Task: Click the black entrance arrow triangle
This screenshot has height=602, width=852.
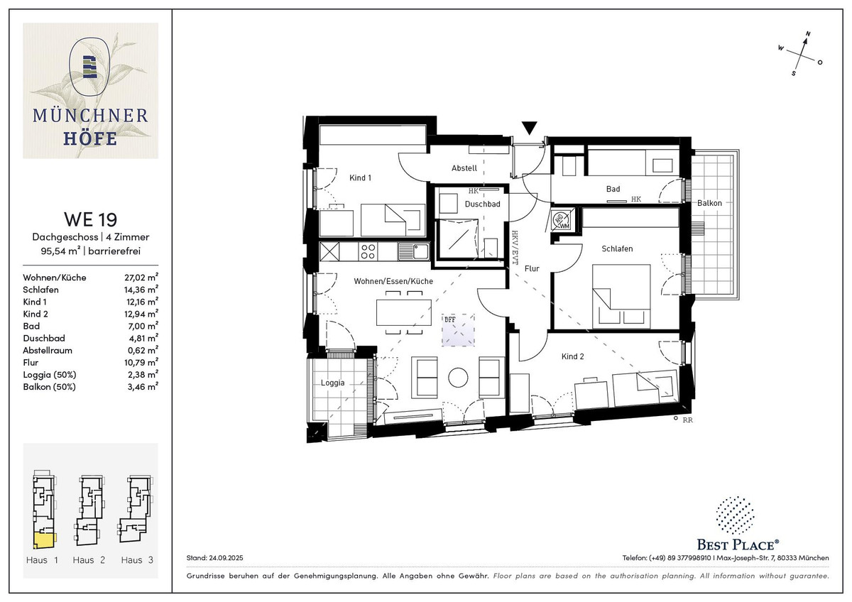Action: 529,128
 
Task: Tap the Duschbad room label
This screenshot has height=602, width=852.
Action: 482,204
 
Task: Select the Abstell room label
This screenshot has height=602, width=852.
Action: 464,168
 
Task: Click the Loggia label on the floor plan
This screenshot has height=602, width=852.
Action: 332,383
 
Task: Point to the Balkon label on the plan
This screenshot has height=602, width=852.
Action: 709,203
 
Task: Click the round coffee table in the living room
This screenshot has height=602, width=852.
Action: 458,377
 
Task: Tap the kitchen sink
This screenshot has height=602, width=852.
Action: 414,251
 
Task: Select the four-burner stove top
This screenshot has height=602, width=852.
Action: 368,251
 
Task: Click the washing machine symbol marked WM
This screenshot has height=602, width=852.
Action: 562,220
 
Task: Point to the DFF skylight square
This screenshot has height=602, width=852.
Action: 458,330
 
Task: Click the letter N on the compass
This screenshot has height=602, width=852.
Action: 808,34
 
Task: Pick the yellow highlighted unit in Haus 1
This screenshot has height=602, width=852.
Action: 45,540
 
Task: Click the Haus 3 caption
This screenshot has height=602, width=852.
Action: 137,560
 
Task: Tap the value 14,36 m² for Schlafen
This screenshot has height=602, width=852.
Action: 141,290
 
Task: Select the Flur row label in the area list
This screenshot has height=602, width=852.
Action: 31,363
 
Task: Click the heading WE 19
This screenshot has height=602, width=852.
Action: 91,219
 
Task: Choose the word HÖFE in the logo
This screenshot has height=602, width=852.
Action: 90,138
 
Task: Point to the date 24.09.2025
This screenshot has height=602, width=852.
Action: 226,558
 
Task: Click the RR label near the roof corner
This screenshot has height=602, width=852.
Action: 688,420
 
